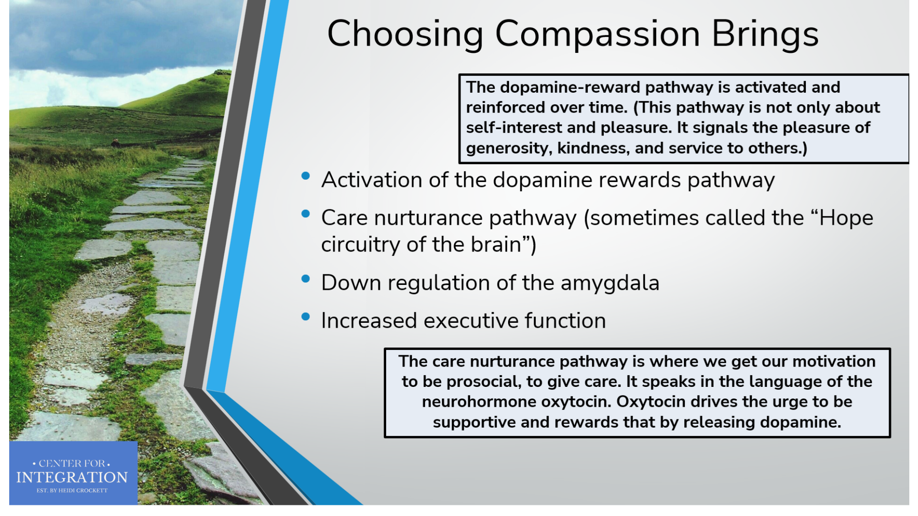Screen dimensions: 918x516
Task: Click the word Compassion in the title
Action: click(x=597, y=34)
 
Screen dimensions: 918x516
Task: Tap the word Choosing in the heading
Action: click(x=406, y=34)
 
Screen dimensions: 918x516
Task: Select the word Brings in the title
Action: click(x=765, y=34)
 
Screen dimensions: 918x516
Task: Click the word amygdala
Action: click(x=610, y=283)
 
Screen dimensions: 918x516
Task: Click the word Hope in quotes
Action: click(x=846, y=218)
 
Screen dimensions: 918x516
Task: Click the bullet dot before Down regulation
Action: click(x=306, y=279)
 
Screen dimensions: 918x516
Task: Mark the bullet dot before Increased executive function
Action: click(x=306, y=316)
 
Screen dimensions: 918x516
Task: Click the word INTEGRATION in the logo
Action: click(x=72, y=477)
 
